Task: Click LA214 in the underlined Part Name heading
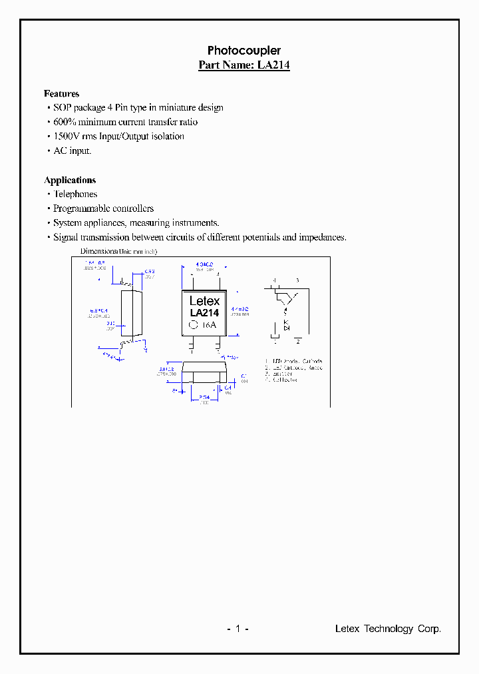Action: tap(273, 65)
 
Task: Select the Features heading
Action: tap(61, 94)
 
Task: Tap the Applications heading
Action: tap(70, 180)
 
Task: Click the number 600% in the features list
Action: tap(66, 122)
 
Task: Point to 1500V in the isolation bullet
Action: tap(67, 137)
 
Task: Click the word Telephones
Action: tap(75, 194)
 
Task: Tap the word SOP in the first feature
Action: tap(62, 108)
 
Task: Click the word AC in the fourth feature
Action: tap(60, 151)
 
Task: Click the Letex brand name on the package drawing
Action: tap(204, 301)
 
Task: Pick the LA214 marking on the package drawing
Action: tap(204, 312)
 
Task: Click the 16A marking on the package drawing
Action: tap(210, 325)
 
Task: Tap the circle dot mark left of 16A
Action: tap(194, 325)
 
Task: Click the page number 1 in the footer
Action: tap(237, 629)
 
